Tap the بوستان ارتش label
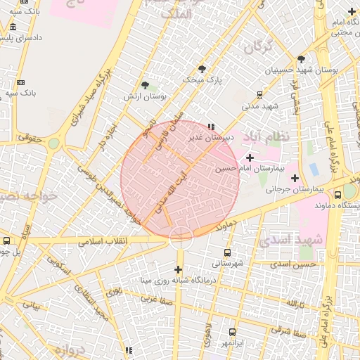pyautogui.click(x=145, y=96)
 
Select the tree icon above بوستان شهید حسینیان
pyautogui.click(x=302, y=60)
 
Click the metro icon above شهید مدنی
pyautogui.click(x=259, y=94)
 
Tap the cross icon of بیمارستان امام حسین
pyautogui.click(x=250, y=157)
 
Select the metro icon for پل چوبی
pyautogui.click(x=7, y=240)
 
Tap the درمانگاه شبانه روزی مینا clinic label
pyautogui.click(x=178, y=281)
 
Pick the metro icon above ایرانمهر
pyautogui.click(x=232, y=331)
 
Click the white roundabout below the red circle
pyautogui.click(x=181, y=237)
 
